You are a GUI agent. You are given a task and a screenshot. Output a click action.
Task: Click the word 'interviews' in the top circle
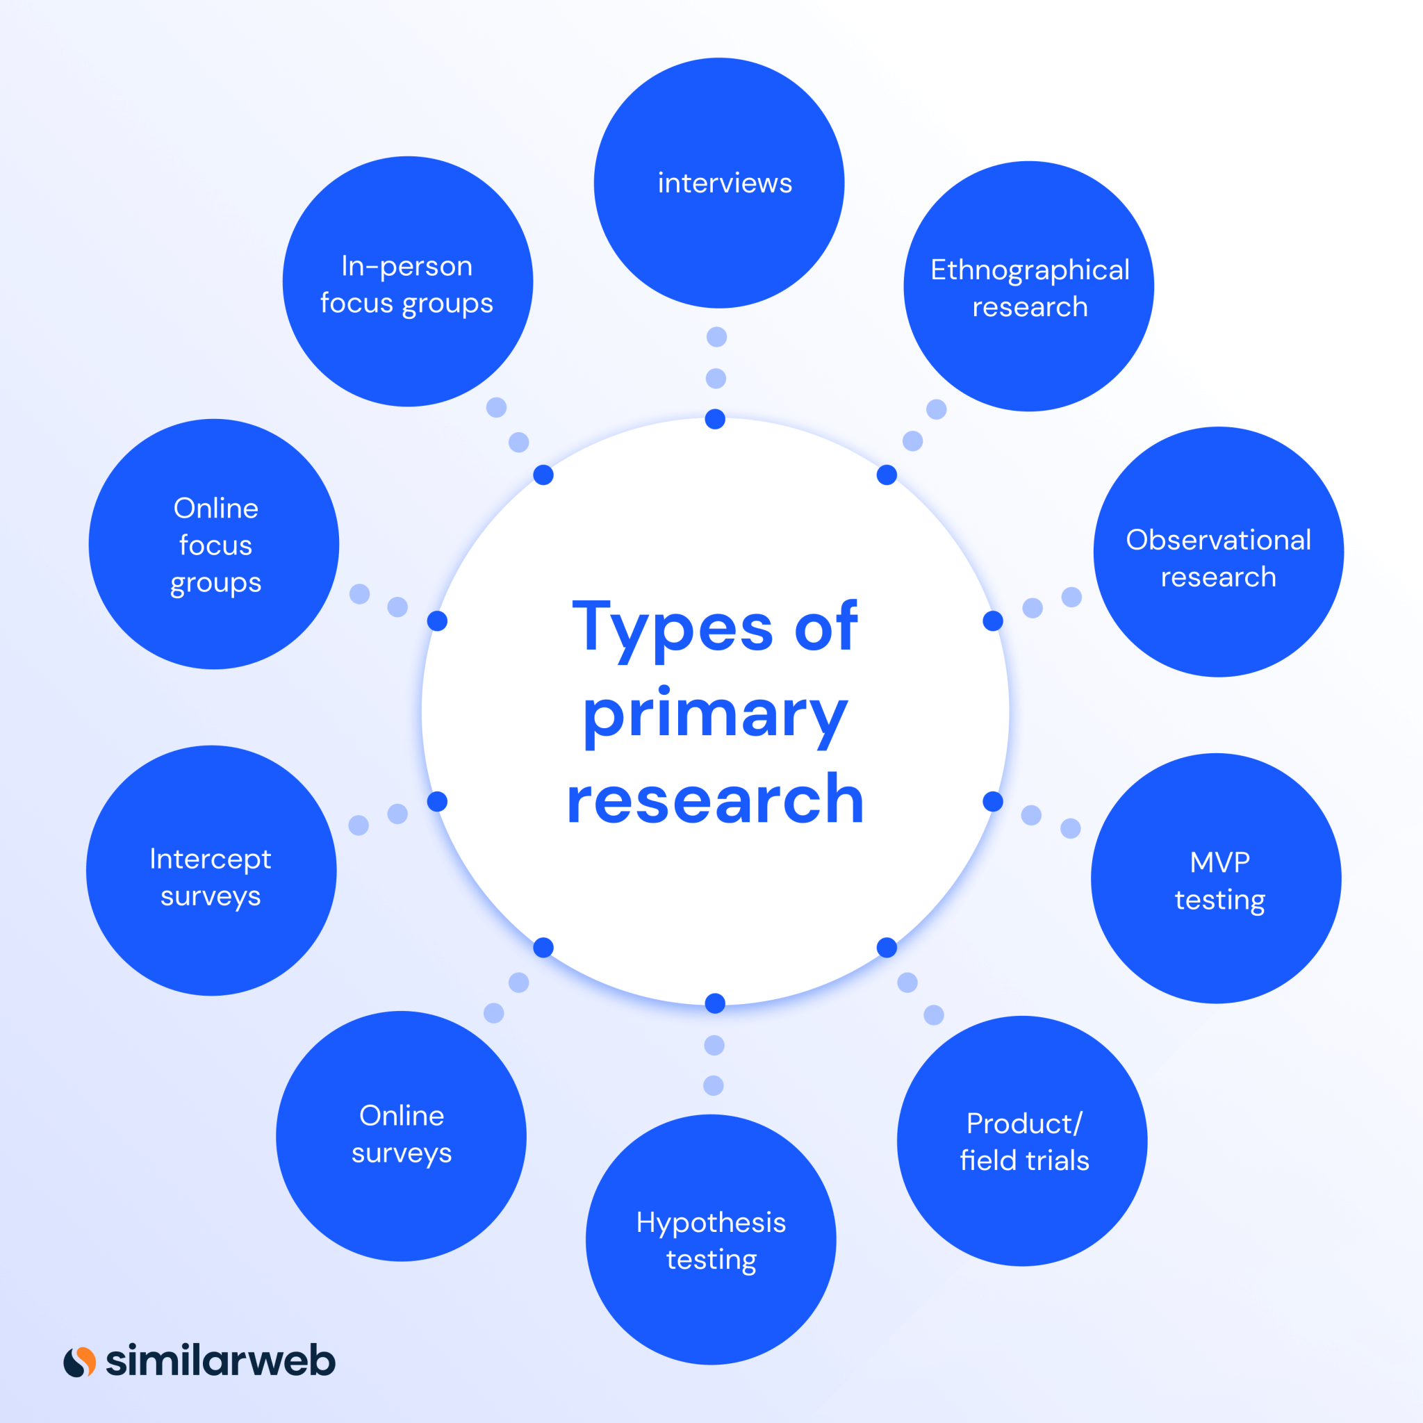(725, 183)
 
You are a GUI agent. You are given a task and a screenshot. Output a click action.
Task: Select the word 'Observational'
(1218, 540)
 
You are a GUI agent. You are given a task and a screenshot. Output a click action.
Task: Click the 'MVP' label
(1219, 862)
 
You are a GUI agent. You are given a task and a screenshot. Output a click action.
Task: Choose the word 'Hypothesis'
(711, 1223)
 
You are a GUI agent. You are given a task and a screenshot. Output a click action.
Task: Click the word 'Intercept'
(211, 859)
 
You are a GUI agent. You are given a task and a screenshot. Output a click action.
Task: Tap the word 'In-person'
(406, 267)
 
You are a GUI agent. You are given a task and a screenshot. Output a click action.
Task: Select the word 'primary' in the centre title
(715, 716)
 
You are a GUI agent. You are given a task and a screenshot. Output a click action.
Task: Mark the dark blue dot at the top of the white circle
(715, 419)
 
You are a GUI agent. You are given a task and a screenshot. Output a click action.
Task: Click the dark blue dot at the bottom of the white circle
(715, 1003)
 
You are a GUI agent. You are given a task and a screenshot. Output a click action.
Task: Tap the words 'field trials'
(1025, 1160)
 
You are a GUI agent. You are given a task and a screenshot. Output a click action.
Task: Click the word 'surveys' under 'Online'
(402, 1154)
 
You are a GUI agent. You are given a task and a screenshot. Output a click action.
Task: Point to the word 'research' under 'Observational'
(1218, 577)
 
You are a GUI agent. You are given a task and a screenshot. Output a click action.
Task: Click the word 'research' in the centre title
(715, 800)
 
